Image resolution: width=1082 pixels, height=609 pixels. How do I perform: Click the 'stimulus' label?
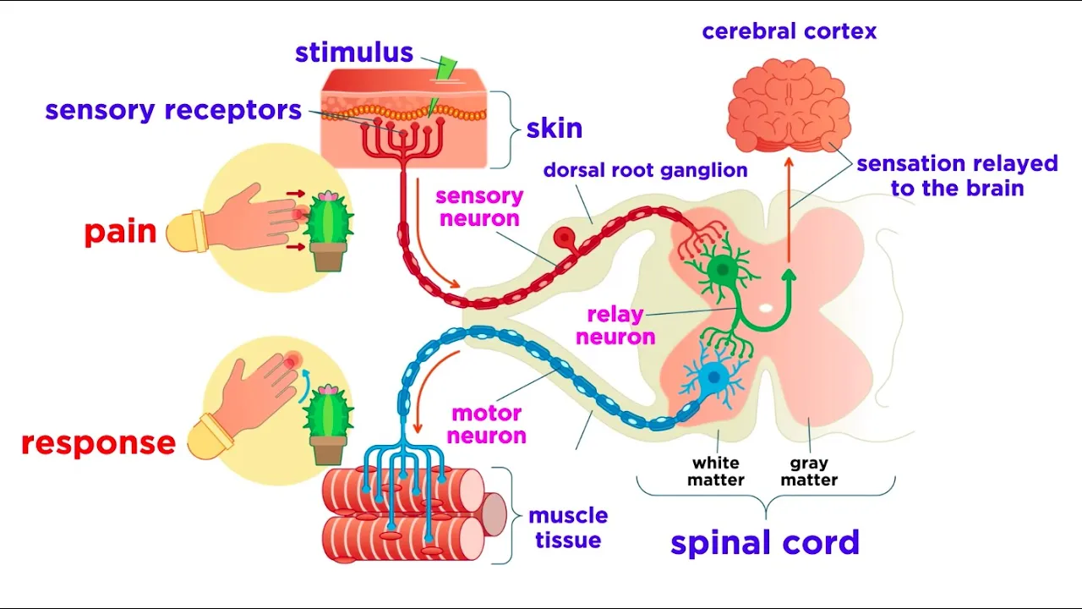coord(354,52)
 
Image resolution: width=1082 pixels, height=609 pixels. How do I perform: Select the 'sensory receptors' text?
coord(173,111)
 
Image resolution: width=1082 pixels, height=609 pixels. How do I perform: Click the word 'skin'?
coord(554,129)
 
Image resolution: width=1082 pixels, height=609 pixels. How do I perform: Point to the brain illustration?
coord(789,105)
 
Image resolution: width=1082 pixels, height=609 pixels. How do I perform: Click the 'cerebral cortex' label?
coord(790,31)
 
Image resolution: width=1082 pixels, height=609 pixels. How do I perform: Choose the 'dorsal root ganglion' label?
coord(645,170)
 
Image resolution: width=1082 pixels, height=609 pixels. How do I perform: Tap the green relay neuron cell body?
coord(723,270)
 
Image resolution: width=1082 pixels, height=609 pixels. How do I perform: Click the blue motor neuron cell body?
coord(714,377)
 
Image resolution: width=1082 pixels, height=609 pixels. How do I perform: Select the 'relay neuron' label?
coord(615,326)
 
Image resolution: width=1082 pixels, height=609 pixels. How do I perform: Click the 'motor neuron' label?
coord(486,425)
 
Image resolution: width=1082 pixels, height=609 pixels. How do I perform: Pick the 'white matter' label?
coord(716,471)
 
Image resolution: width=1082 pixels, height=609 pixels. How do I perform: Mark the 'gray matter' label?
coord(809,471)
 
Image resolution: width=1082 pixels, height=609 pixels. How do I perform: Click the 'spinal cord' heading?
coord(765,542)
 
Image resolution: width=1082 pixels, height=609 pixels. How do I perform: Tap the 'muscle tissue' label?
coord(568,528)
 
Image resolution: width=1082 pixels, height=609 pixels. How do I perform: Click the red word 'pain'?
coord(121,233)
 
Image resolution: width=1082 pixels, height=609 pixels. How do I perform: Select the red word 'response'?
coord(99,442)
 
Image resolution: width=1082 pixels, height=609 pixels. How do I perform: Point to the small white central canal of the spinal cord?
coord(766,308)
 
